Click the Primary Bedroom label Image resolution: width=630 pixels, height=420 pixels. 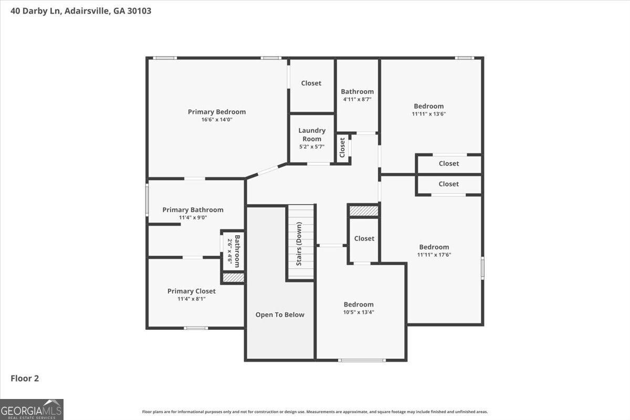[x=216, y=111]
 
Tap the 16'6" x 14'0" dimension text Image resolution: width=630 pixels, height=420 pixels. [x=216, y=120]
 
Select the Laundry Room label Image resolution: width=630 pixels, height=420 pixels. [x=312, y=134]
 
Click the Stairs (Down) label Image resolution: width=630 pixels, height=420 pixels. [x=299, y=244]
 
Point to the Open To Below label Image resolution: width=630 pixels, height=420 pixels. [x=280, y=314]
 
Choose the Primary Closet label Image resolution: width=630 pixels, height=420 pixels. [x=191, y=291]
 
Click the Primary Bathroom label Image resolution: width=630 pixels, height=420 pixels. [x=193, y=209]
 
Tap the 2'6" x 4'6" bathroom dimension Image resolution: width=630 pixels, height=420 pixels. [x=229, y=251]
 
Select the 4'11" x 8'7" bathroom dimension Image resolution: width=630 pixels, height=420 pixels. [x=357, y=99]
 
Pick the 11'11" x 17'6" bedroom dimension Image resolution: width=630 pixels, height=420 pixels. [x=434, y=255]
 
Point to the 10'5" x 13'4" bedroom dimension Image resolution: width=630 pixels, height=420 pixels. [x=359, y=312]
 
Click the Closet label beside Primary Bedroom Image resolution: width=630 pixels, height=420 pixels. [x=311, y=83]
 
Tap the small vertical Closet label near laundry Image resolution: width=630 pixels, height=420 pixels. [x=342, y=148]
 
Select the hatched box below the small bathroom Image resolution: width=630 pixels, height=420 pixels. [x=233, y=277]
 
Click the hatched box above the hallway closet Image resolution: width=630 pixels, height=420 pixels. [x=363, y=211]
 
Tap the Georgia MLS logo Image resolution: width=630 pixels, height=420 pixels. [x=31, y=409]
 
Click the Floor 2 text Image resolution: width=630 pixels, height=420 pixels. [x=25, y=378]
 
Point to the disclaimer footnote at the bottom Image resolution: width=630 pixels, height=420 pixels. [x=315, y=412]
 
